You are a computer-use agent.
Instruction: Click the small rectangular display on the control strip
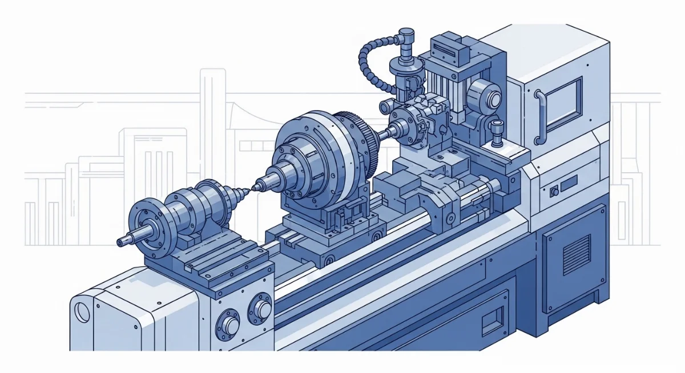pyautogui.click(x=569, y=184)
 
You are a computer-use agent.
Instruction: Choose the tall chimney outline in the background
pyautogui.click(x=212, y=143)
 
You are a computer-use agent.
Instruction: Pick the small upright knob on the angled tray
pyautogui.click(x=496, y=131)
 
